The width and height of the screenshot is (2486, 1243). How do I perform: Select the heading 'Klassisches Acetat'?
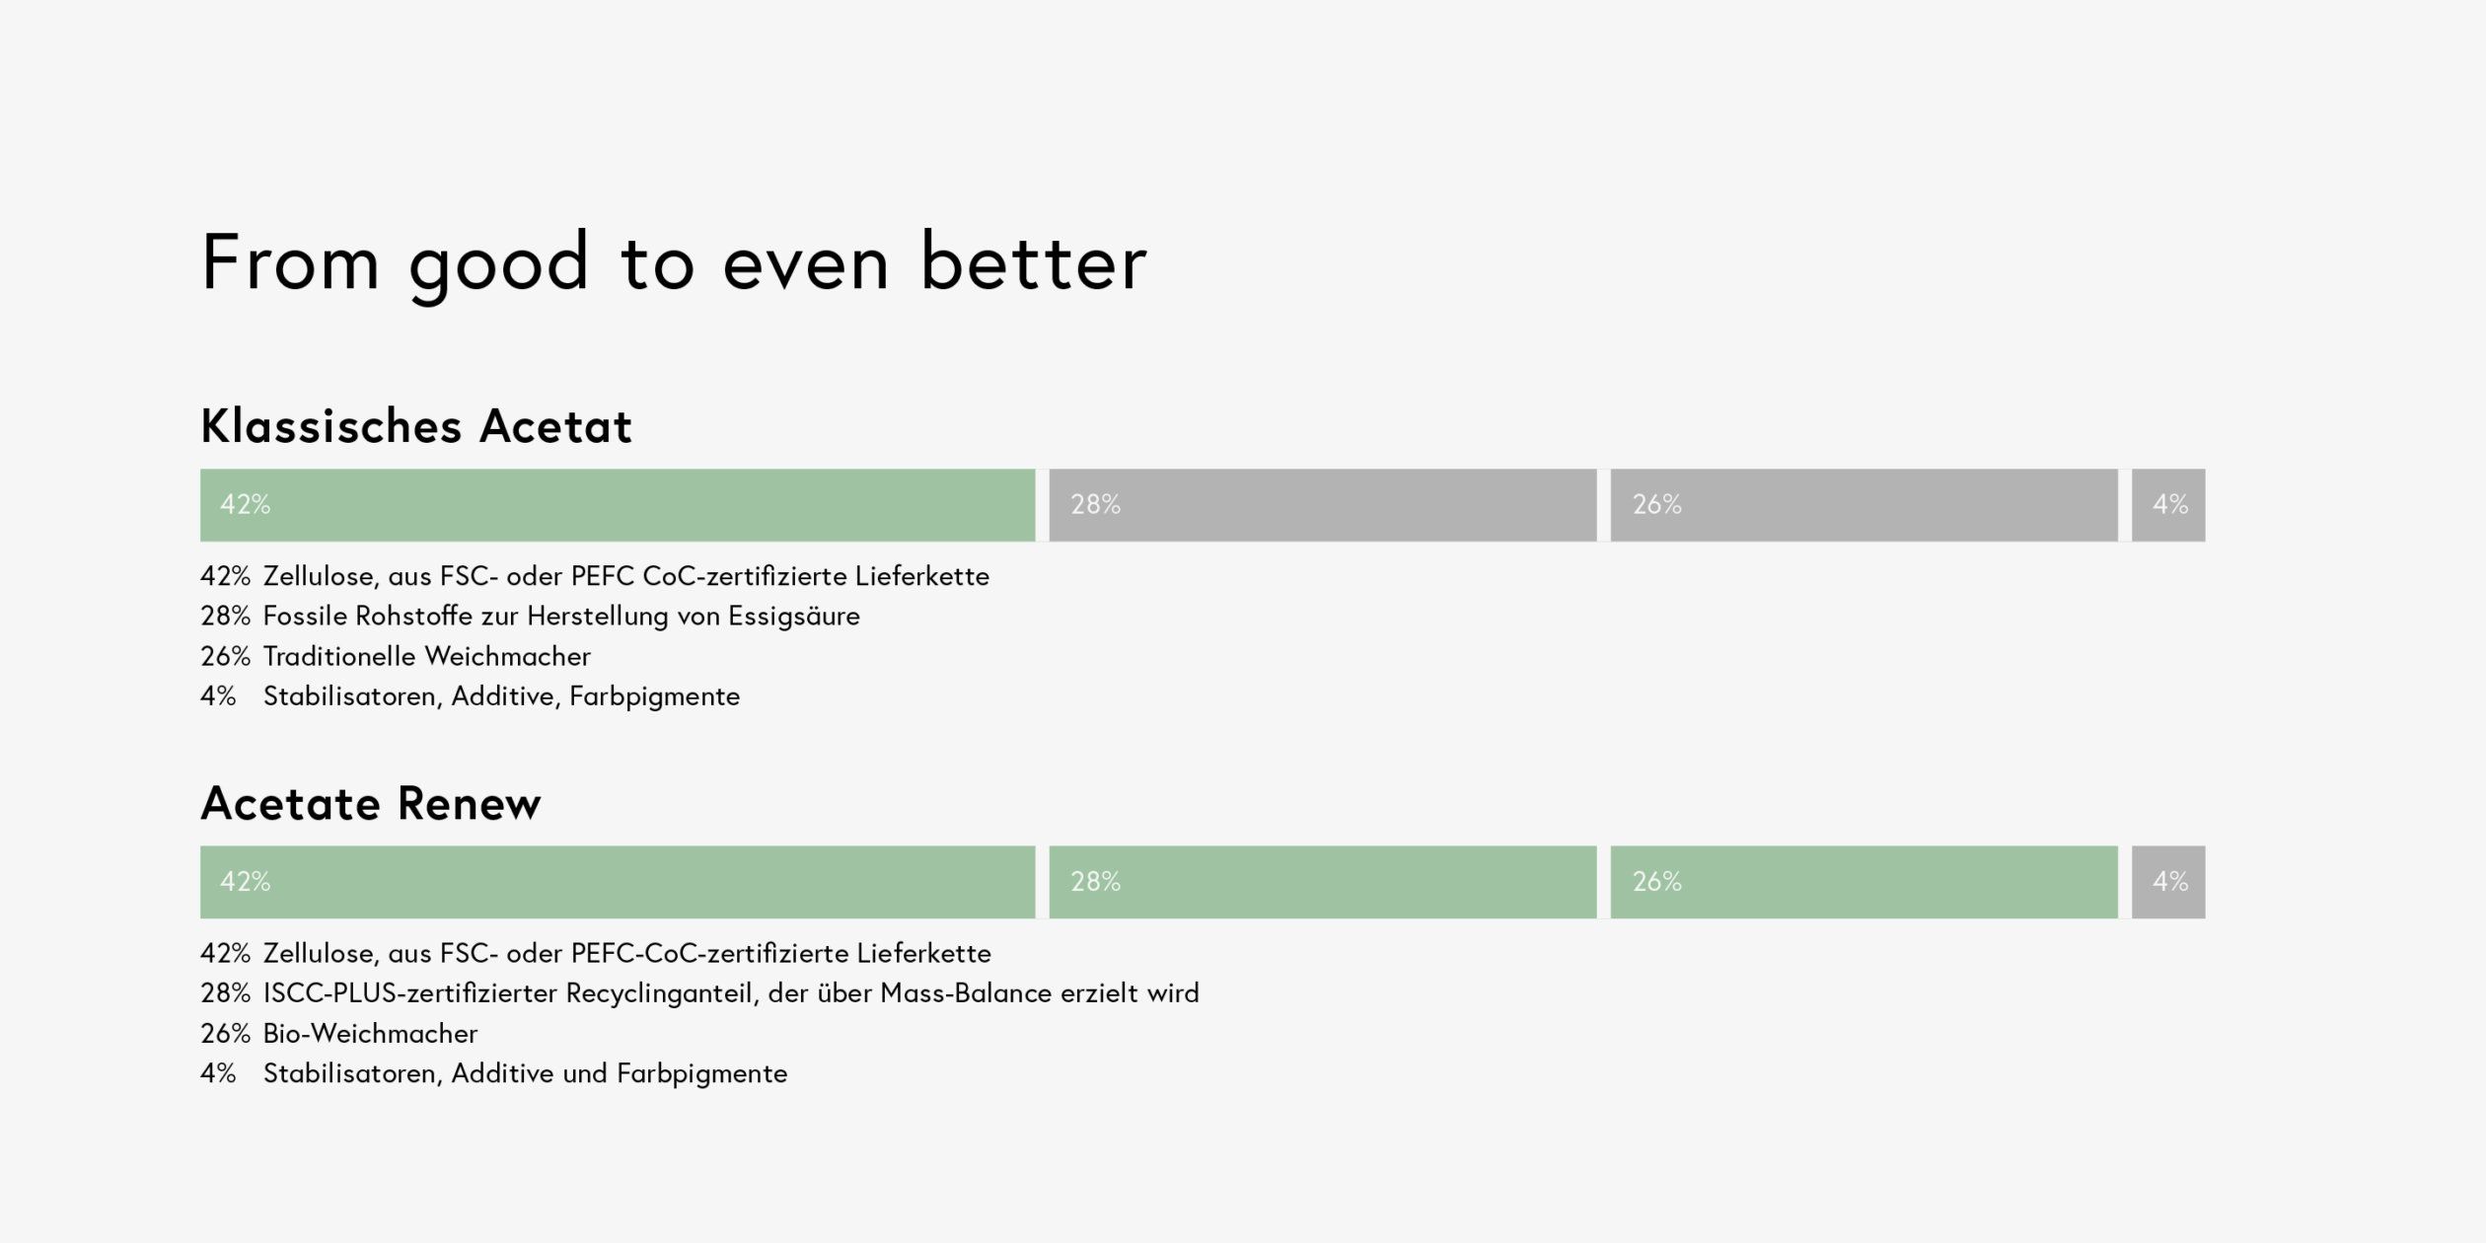point(416,426)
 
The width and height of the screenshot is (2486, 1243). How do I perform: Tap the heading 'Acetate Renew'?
point(371,803)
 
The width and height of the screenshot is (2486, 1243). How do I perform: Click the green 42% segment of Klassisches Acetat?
point(618,505)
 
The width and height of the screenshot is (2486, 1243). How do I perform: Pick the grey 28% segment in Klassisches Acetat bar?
point(1323,505)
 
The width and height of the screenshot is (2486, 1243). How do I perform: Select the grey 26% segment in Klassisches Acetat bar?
point(1864,505)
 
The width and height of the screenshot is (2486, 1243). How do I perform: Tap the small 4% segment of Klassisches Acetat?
point(2168,505)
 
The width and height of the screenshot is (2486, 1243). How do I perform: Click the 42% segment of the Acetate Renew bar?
point(618,882)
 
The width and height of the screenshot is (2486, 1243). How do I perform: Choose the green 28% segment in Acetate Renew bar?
point(1323,882)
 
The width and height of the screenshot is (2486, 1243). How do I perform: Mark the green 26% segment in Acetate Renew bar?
point(1864,882)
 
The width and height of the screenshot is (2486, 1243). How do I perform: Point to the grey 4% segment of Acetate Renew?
point(2168,882)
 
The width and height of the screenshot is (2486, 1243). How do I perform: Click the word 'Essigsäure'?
point(794,618)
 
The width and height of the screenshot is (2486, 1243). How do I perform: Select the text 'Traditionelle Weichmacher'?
point(427,656)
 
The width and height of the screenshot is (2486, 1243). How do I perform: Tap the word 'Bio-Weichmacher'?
point(370,1033)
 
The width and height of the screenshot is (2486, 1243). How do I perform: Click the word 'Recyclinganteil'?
point(662,994)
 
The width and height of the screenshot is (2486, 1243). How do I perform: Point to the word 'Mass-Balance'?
point(966,992)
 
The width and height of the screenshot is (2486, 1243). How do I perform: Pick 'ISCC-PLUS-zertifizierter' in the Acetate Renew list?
point(410,992)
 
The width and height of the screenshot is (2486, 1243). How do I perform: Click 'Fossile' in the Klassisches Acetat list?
point(305,616)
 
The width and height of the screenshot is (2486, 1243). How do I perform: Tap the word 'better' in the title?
point(1034,262)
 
